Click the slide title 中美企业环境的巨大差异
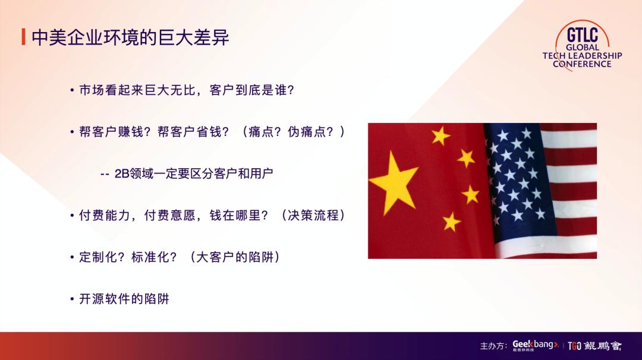coord(130,37)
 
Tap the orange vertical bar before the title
coord(23,37)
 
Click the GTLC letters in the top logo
coord(582,33)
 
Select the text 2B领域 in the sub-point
coord(134,173)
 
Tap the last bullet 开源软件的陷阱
coord(124,299)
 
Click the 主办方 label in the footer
coord(493,346)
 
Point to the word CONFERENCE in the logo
coord(582,64)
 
